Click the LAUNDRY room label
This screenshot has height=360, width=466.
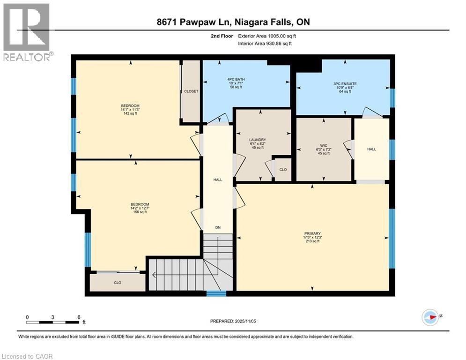point(258,140)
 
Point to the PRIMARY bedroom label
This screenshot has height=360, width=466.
point(312,233)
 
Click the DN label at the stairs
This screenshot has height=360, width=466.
point(218,228)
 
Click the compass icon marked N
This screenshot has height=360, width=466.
point(429,316)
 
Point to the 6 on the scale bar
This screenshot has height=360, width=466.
point(79,317)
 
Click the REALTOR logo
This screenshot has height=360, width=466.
point(27,32)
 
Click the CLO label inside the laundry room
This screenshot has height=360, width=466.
point(283,170)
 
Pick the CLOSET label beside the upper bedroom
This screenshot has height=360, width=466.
point(191,91)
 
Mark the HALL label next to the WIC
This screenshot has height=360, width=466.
point(371,149)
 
